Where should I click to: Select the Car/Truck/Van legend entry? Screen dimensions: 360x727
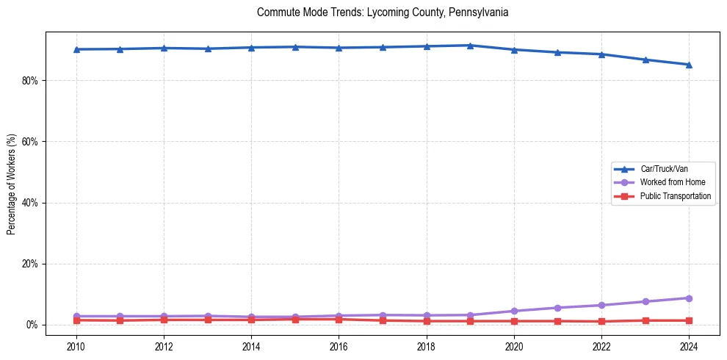(664, 169)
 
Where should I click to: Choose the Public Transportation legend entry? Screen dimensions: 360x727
(676, 196)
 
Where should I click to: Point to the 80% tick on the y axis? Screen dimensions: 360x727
(29, 80)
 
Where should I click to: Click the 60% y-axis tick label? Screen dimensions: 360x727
(29, 141)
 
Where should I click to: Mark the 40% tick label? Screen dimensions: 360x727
(29, 203)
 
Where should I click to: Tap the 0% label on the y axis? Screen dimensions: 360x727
(32, 325)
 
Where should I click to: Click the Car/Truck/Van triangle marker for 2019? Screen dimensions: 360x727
(470, 46)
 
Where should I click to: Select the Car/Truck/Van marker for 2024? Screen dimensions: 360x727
(689, 65)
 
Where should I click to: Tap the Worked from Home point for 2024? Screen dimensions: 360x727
(689, 298)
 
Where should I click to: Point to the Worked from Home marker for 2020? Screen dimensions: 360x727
(514, 311)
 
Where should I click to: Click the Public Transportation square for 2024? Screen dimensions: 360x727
(689, 320)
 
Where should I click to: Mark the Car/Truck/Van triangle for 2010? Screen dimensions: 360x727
(76, 49)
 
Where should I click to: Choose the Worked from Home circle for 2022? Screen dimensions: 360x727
(601, 305)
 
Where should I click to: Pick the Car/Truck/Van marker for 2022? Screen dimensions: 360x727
(601, 54)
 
